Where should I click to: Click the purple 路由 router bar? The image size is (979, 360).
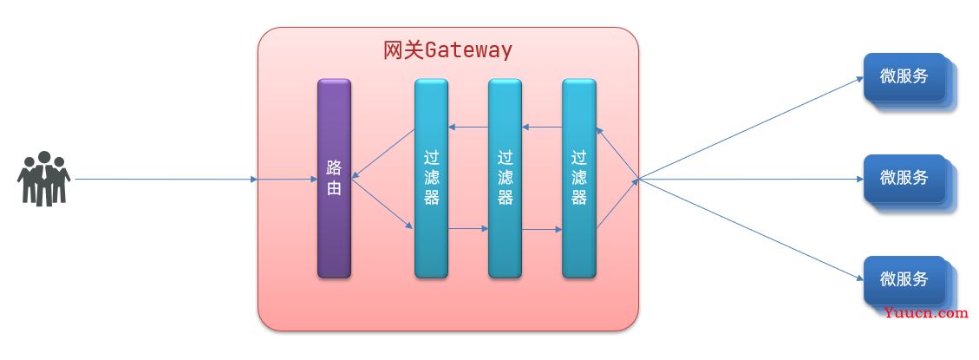(334, 178)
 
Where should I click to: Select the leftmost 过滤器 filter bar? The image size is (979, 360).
(432, 178)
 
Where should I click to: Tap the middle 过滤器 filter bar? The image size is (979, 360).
(506, 178)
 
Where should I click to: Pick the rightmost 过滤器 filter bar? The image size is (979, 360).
(578, 178)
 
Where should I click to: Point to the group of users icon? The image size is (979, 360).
(43, 179)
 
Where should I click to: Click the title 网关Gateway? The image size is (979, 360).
(447, 50)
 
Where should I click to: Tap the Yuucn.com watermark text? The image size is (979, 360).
(926, 313)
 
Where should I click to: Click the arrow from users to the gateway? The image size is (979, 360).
(166, 180)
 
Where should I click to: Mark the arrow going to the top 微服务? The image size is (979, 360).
(751, 128)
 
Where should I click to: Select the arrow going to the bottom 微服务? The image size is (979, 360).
(751, 229)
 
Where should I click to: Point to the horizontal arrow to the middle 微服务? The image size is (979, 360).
(751, 180)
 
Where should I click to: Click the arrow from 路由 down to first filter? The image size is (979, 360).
(382, 204)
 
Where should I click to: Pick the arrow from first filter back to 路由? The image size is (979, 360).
(383, 154)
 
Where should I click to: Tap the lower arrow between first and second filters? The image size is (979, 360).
(468, 229)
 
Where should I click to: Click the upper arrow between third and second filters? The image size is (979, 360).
(542, 127)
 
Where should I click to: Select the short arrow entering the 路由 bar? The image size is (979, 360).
(288, 180)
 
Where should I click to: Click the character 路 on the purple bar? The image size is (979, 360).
(334, 167)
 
